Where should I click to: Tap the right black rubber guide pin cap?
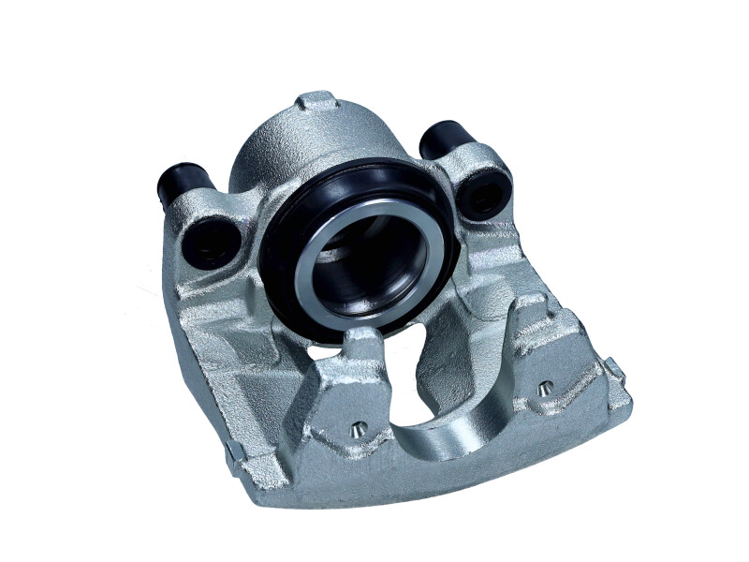pyautogui.click(x=442, y=140)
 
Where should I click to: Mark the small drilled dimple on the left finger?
pyautogui.click(x=357, y=429)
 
